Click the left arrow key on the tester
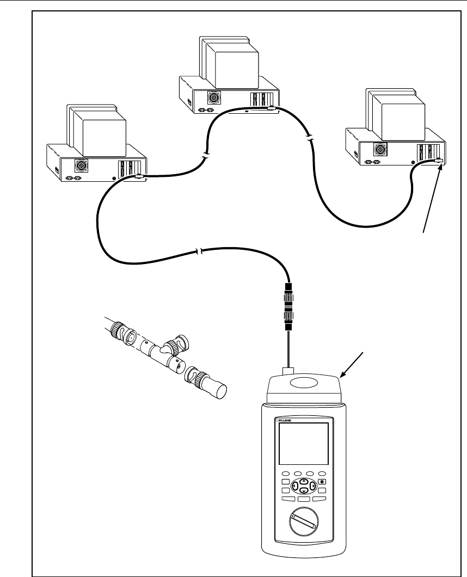(x=294, y=485)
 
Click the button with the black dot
(x=322, y=482)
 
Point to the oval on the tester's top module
(x=303, y=383)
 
